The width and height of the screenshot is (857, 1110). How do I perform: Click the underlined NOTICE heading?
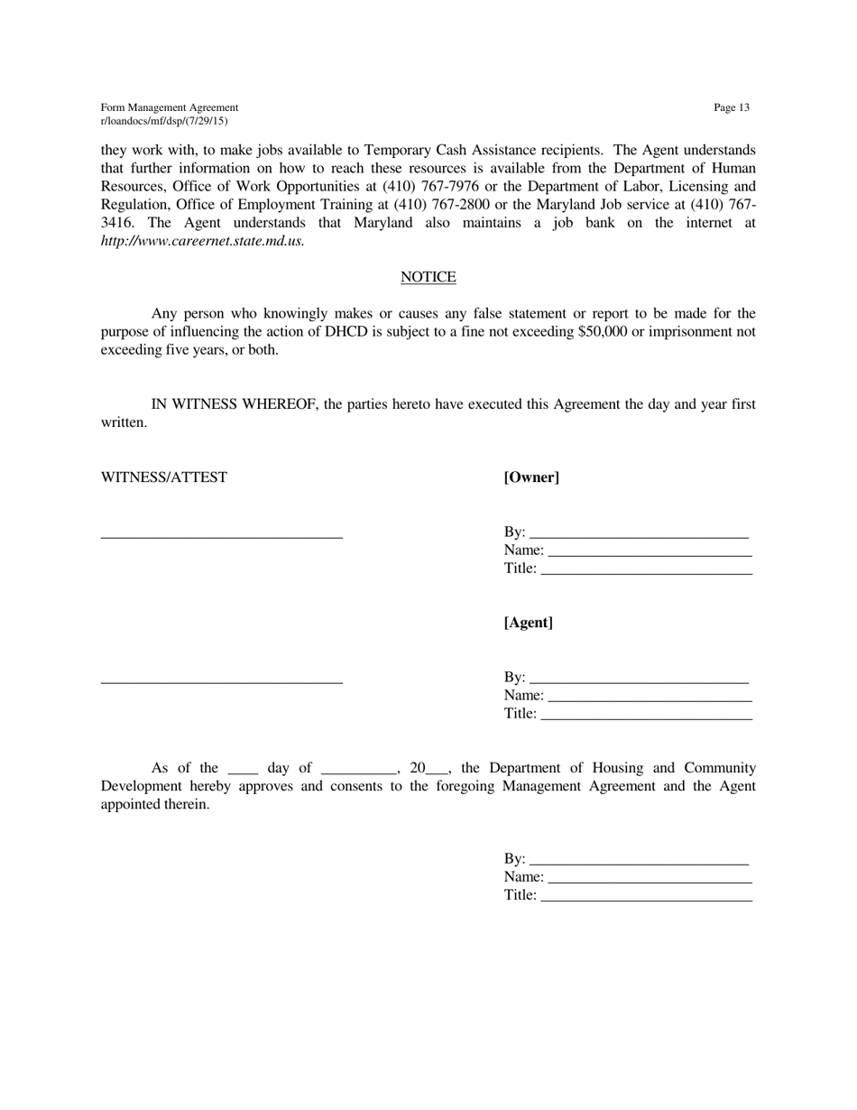click(x=428, y=277)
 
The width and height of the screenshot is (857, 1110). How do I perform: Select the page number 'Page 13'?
click(x=731, y=108)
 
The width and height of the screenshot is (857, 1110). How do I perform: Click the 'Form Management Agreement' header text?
click(x=170, y=107)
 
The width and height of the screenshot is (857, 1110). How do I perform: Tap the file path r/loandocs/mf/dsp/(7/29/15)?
click(x=164, y=121)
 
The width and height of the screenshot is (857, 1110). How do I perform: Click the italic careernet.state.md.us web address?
click(x=203, y=241)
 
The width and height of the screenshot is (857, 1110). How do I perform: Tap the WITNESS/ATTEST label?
click(x=164, y=477)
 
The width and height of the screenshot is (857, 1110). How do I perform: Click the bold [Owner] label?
click(x=531, y=477)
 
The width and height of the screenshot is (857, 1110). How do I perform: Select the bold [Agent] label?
click(x=529, y=623)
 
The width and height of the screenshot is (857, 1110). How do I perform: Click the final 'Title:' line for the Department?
click(x=645, y=897)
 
